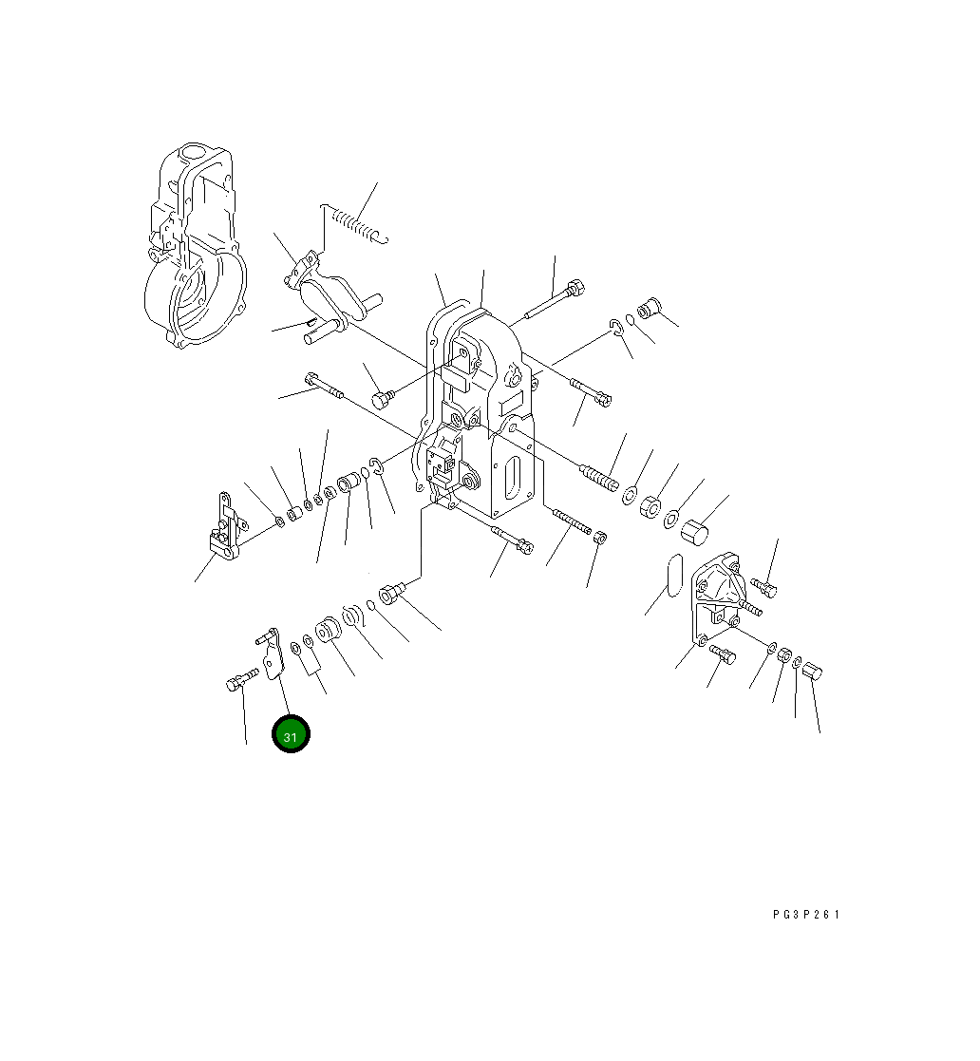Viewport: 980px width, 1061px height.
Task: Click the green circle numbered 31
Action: point(291,734)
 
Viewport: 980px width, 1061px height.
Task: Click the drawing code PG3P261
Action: point(806,915)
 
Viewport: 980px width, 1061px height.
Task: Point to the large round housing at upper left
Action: point(196,246)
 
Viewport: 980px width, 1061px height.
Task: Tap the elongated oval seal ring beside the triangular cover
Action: point(674,576)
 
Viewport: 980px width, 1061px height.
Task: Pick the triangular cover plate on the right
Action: point(716,597)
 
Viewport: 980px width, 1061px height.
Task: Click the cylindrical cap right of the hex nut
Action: point(694,530)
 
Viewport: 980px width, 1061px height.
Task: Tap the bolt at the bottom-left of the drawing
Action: point(241,678)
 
